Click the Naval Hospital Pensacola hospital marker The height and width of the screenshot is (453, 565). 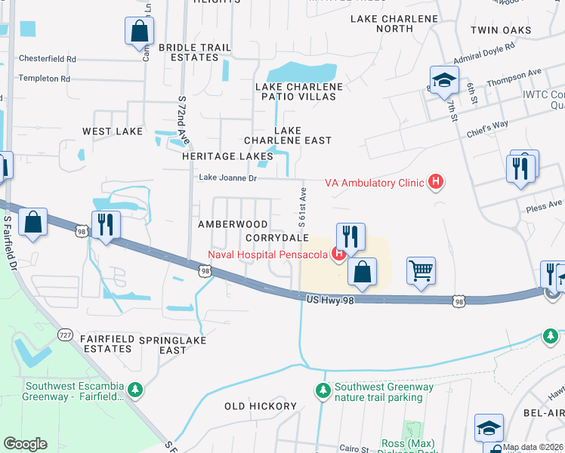tap(339, 254)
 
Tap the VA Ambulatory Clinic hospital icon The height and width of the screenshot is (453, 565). tap(435, 182)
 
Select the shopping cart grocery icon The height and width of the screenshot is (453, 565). tap(421, 270)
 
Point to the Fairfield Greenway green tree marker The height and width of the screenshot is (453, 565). tap(135, 390)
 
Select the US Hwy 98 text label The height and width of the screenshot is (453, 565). tap(330, 300)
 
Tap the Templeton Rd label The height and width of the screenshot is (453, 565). tap(44, 78)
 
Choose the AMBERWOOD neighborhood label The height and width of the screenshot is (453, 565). tap(233, 224)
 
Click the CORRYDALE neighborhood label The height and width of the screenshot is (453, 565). tap(277, 237)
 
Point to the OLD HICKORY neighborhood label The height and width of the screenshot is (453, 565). tap(261, 406)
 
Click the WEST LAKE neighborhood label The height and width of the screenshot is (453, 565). tap(113, 131)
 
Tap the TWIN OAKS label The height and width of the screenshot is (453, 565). tap(500, 31)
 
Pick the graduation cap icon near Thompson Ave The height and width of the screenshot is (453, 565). tap(444, 79)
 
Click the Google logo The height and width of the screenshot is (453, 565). tap(25, 444)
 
